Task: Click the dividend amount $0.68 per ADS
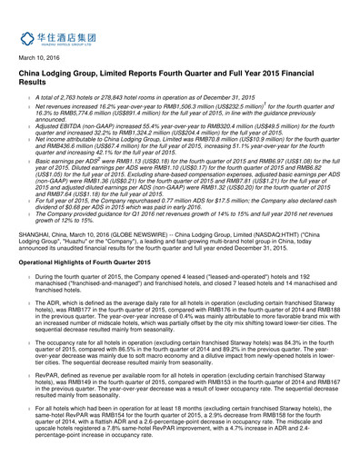[x=93, y=232]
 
